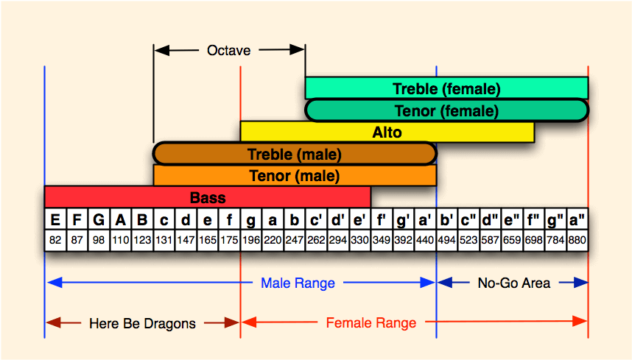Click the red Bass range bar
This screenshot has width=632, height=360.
(x=207, y=197)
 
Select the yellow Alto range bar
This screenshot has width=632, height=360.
(x=387, y=133)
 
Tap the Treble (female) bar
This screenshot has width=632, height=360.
(x=446, y=88)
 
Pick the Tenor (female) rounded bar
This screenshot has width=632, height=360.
(x=446, y=110)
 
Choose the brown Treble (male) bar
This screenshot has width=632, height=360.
(x=295, y=154)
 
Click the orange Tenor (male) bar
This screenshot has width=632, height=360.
(x=295, y=176)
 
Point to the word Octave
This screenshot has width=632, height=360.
(x=228, y=51)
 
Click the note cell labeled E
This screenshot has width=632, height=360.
(x=55, y=220)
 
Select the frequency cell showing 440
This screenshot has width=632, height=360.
(x=425, y=240)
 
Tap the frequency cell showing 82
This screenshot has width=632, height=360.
(x=55, y=240)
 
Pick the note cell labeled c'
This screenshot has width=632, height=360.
(x=316, y=220)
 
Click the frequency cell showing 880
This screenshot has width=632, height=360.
(x=577, y=240)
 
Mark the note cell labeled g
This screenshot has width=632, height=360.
(x=251, y=220)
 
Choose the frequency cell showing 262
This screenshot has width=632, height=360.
(x=316, y=240)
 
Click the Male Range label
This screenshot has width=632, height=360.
(x=298, y=283)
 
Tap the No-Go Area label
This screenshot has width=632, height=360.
(x=513, y=283)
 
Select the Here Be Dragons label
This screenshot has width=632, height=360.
(x=142, y=322)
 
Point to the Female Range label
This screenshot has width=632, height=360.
(x=371, y=322)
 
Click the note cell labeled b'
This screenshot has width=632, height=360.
(x=446, y=220)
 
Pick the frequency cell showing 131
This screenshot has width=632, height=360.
(x=164, y=240)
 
